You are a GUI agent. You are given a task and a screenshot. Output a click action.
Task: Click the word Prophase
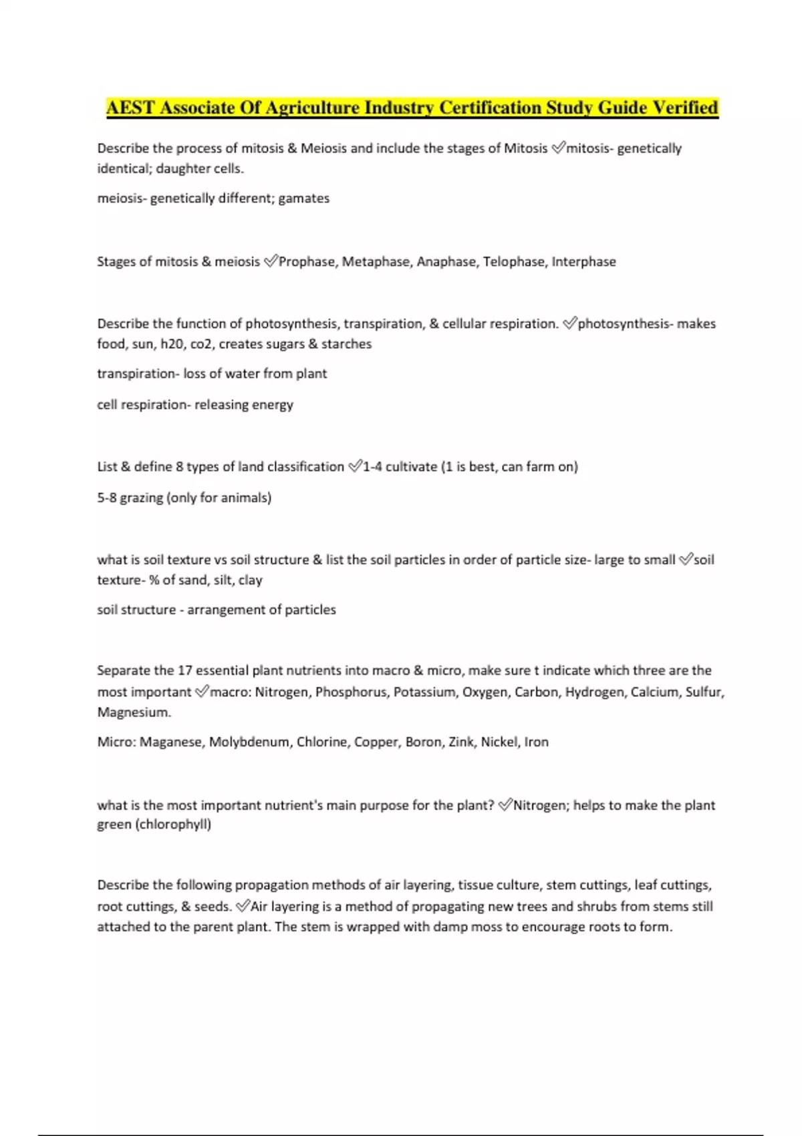pos(307,262)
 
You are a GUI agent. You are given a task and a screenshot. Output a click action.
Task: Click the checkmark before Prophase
pos(270,261)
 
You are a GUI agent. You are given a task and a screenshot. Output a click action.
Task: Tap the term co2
pos(201,344)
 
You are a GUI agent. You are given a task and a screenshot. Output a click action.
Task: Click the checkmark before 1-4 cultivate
pos(354,466)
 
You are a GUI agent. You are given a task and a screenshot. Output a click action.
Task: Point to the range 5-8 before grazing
pos(107,498)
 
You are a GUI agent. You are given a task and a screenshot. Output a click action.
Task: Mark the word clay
pos(250,580)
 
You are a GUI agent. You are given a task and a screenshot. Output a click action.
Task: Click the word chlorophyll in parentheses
pos(173,825)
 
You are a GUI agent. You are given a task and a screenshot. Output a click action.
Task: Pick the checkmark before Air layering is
pos(243,906)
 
